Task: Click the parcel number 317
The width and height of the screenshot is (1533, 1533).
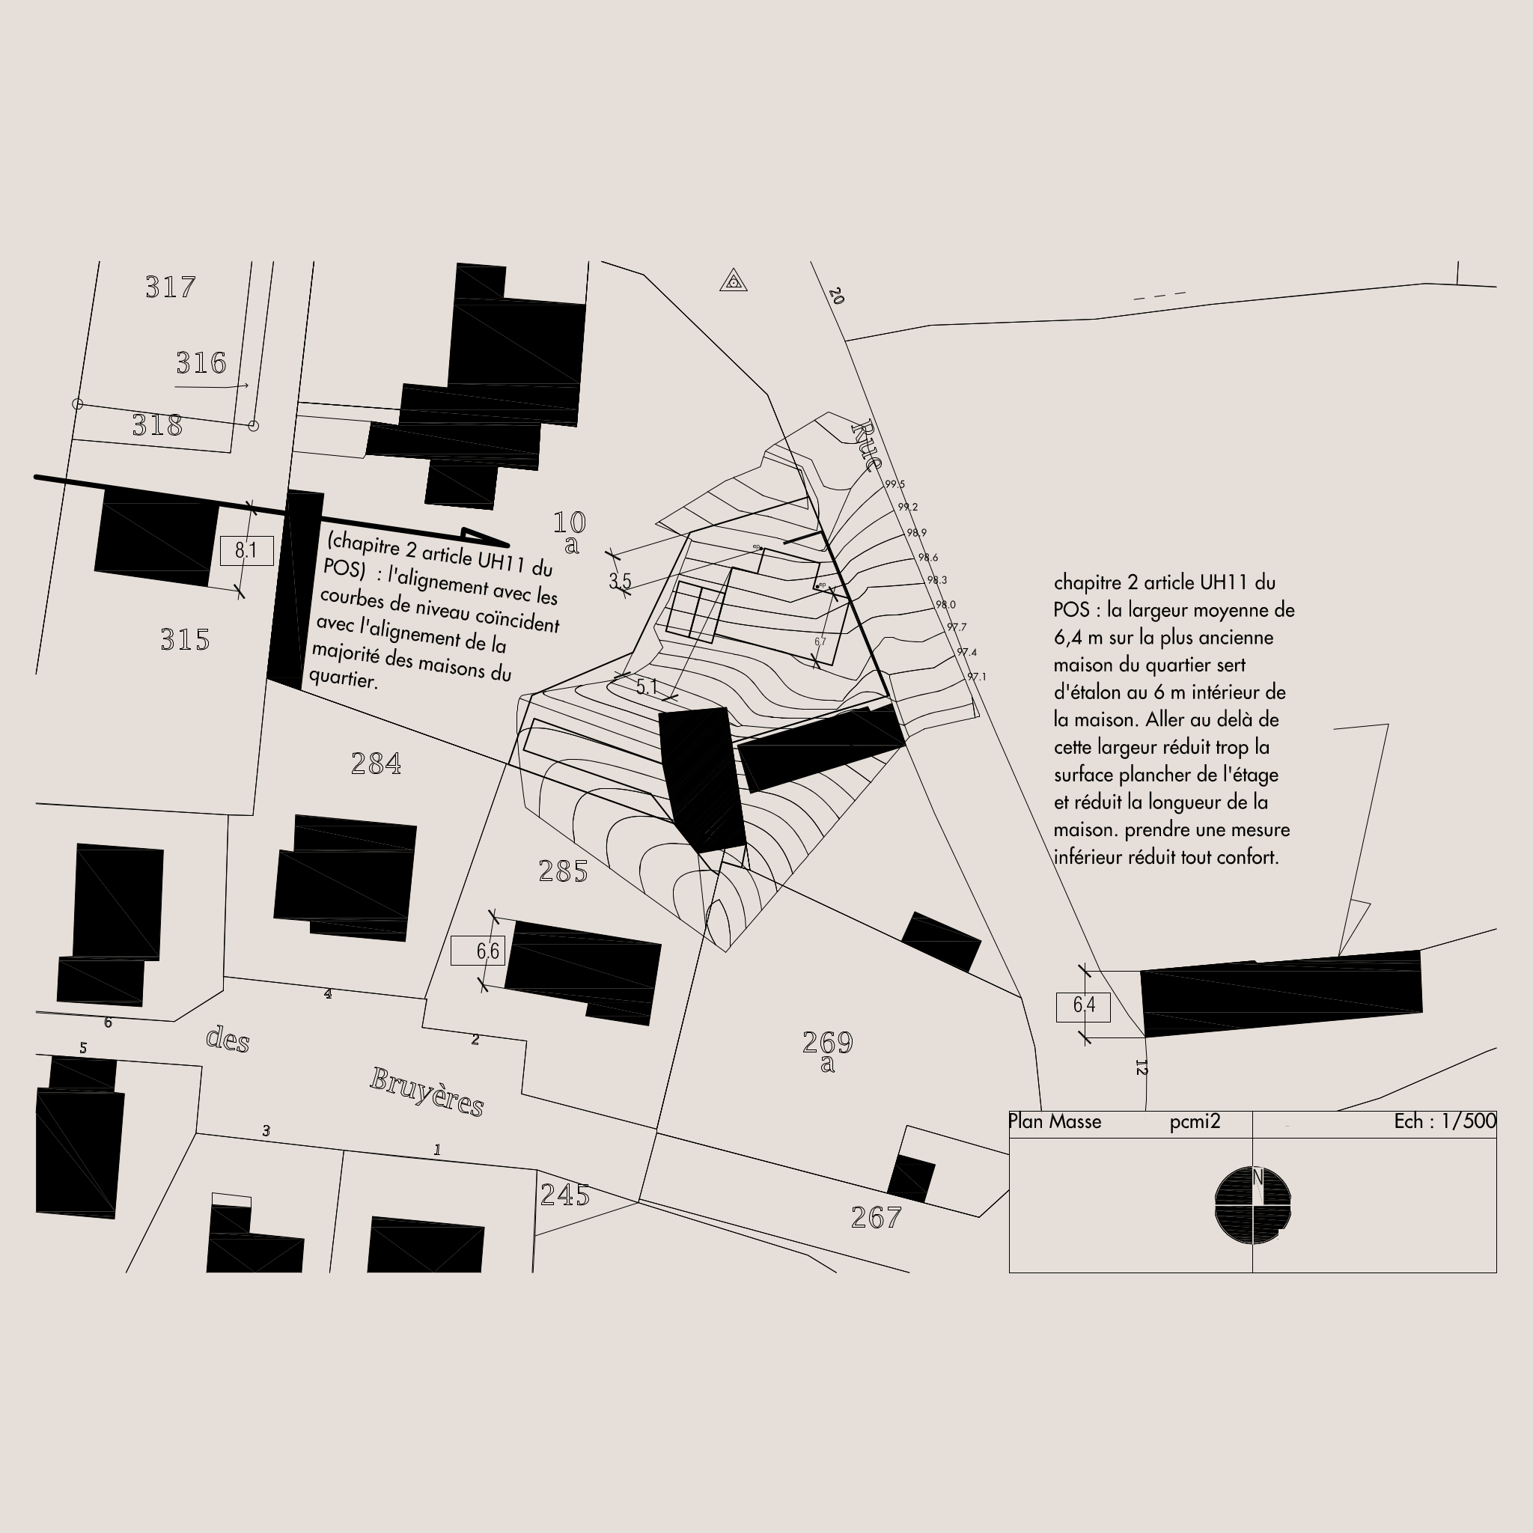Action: pos(170,287)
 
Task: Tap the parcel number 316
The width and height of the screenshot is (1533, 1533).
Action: pos(201,363)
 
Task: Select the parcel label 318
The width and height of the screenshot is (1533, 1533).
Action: pos(157,426)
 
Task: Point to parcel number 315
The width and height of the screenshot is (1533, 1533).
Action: pos(185,639)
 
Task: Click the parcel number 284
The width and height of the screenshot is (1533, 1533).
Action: pos(375,764)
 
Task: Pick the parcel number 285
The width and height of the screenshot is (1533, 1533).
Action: pos(563,871)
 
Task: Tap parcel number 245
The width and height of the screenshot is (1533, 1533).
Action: pos(565,1195)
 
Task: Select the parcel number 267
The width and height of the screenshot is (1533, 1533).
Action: pos(876,1217)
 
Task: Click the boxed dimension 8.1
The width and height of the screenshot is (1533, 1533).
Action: pos(247,551)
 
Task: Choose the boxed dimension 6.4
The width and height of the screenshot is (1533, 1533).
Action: pos(1083,1006)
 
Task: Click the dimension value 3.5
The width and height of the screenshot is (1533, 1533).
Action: pos(620,581)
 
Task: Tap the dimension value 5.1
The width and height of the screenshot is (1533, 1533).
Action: pos(647,686)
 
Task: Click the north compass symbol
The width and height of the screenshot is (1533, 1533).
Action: pos(1253,1204)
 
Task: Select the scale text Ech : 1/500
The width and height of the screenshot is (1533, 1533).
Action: pos(1444,1121)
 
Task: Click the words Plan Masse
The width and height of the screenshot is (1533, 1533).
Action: pos(1055,1121)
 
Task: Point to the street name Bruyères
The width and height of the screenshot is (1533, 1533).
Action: pos(427,1093)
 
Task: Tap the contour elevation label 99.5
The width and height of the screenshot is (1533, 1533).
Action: pos(894,484)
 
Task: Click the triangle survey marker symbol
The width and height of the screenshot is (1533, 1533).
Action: pos(733,281)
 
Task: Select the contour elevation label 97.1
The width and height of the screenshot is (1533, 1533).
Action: pos(976,677)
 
